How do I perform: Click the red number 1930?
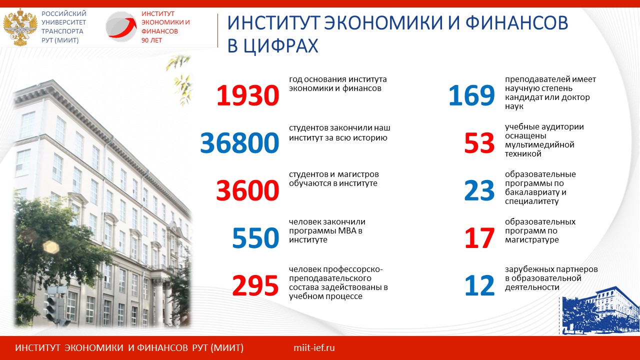tap(247, 95)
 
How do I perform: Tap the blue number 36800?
tap(239, 142)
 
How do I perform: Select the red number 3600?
tap(247, 190)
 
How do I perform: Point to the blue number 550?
tap(255, 237)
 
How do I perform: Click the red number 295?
tap(255, 285)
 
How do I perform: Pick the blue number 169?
tap(471, 95)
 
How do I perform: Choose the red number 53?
tap(479, 142)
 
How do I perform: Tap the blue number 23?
tap(479, 190)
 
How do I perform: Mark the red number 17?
tap(479, 237)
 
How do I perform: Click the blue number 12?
tap(479, 285)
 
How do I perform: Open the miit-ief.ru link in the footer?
tap(314, 347)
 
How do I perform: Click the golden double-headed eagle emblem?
tap(20, 27)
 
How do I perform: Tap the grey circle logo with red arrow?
tap(121, 26)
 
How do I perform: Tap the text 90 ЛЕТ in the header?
tap(151, 40)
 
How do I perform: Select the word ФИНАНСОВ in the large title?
tap(517, 22)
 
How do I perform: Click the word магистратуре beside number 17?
tap(531, 239)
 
